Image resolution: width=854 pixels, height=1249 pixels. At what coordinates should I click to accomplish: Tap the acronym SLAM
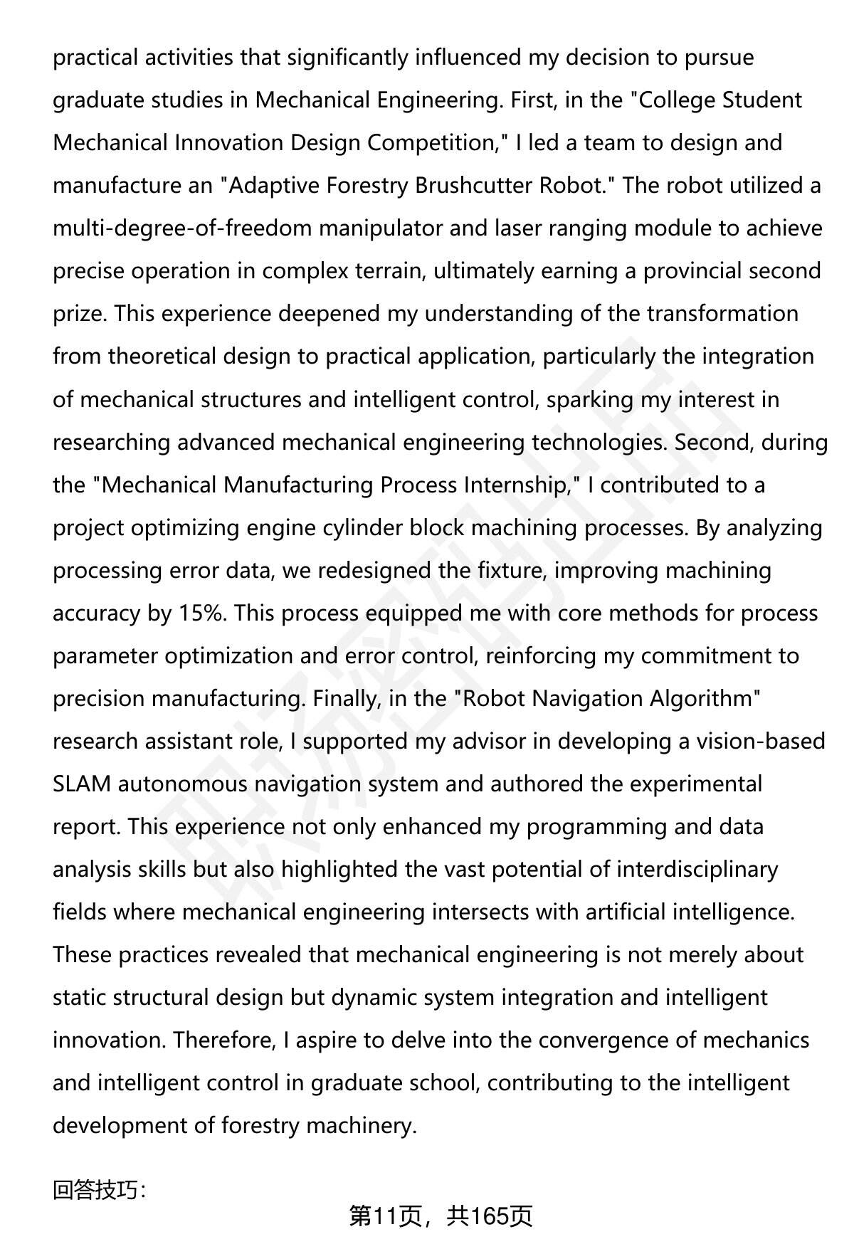point(82,784)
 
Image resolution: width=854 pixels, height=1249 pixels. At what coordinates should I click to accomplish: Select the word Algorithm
point(701,699)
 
